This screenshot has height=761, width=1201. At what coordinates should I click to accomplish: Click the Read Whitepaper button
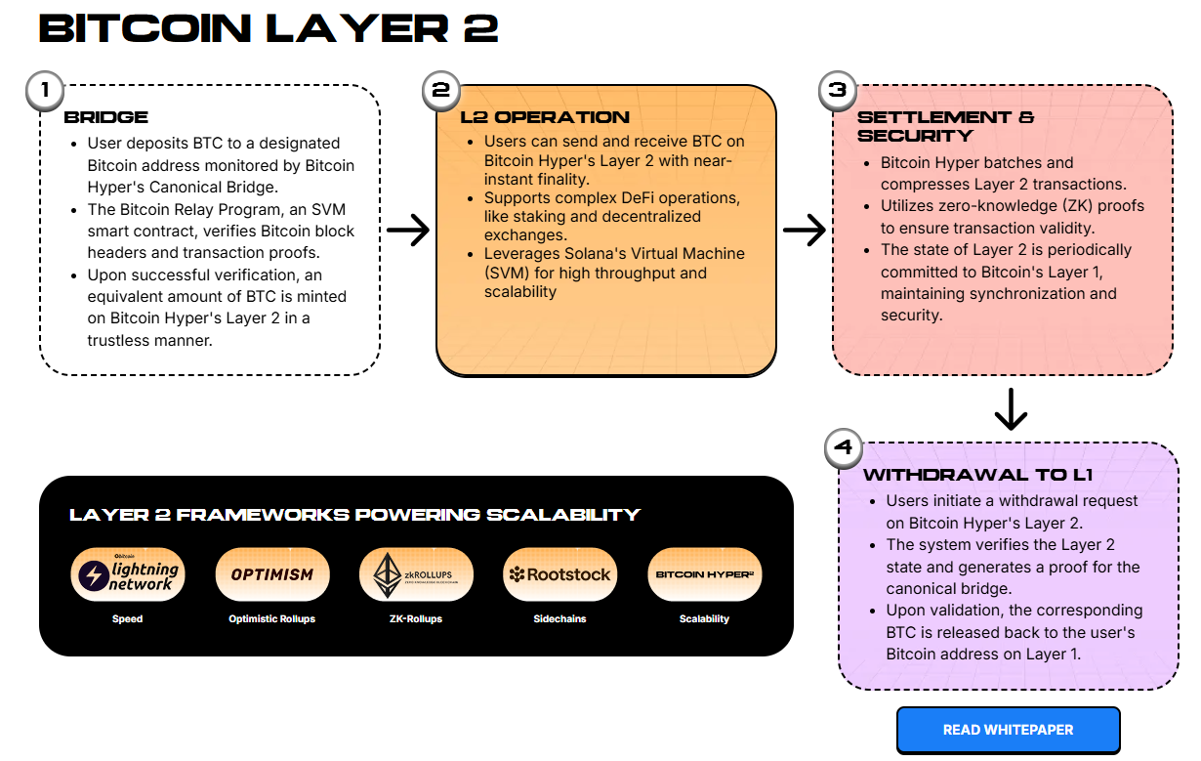(1008, 730)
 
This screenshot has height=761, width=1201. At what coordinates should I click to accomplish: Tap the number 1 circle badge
(43, 91)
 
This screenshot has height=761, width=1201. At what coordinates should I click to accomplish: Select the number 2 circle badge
(441, 91)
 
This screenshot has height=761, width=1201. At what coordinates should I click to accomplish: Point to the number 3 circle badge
(837, 91)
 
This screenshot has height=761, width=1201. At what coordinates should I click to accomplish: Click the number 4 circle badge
(844, 448)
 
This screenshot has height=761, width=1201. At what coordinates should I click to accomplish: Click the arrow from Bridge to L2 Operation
(408, 231)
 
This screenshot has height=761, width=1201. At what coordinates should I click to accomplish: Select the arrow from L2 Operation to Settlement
(805, 231)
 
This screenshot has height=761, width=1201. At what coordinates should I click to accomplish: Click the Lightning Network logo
(128, 574)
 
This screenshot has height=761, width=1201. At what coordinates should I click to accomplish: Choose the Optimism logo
(272, 574)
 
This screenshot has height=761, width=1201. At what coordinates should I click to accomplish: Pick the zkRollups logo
(416, 574)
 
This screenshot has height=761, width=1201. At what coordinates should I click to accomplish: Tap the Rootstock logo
(559, 574)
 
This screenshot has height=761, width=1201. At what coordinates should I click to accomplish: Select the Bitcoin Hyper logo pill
(704, 574)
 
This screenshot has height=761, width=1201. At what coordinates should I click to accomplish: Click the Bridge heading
(105, 117)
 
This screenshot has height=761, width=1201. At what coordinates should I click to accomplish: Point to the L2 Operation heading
(545, 117)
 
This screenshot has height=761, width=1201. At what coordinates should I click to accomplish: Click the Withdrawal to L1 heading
(977, 476)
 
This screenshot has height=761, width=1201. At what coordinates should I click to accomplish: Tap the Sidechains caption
(559, 619)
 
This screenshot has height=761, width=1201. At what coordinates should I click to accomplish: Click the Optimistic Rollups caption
(272, 619)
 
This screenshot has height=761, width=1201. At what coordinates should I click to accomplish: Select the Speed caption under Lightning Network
(128, 619)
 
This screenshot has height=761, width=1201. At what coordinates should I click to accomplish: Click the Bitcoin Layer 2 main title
(269, 28)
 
